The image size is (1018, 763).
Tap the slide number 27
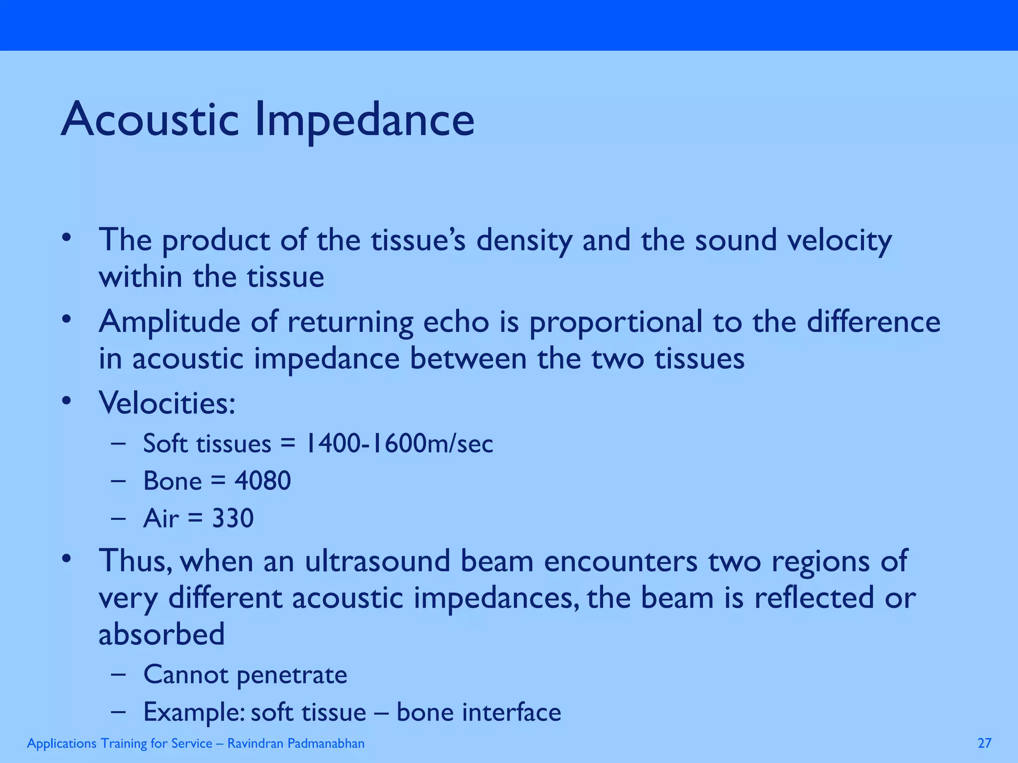984,743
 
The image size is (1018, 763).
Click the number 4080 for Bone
262,480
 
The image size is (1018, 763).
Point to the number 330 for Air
233,518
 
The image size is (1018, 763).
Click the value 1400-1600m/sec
399,443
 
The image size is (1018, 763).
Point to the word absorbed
162,634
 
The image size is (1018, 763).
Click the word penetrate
291,675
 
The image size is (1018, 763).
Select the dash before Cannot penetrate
118,675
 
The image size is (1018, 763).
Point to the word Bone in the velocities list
172,480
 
